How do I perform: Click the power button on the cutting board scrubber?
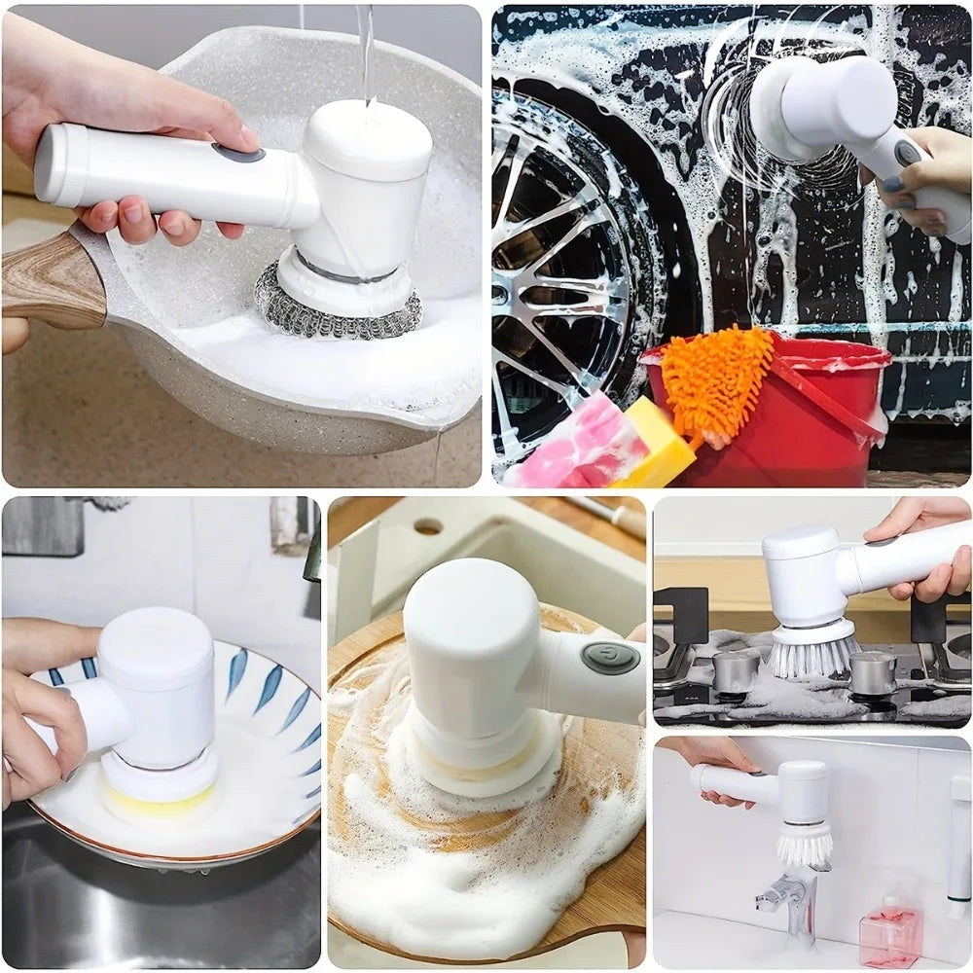pos(610,658)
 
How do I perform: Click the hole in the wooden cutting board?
pos(427,526)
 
